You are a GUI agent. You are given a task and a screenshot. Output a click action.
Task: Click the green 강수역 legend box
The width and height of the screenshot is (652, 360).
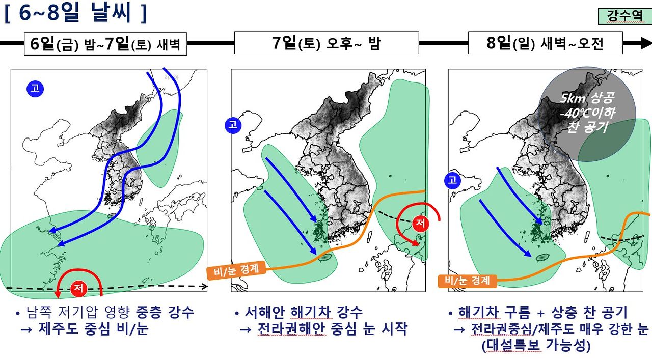pos(624,16)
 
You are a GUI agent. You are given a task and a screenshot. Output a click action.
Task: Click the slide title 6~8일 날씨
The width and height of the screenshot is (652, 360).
pos(76,13)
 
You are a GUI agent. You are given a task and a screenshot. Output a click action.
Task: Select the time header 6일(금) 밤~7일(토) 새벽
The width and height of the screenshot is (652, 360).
pos(105,44)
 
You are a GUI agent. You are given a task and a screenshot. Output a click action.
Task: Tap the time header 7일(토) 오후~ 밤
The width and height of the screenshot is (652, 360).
pos(326,43)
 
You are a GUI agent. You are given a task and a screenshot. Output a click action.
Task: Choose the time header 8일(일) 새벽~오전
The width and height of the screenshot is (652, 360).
pos(545,43)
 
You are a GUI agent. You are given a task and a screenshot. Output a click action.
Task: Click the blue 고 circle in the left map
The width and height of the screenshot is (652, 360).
pos(35,89)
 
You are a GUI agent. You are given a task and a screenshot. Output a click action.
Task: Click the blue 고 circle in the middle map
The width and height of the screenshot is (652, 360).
pos(233,125)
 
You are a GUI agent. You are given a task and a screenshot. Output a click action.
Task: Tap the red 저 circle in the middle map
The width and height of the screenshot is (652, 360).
pos(420,223)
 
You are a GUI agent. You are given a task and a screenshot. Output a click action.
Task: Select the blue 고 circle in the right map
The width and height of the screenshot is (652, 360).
pos(452,180)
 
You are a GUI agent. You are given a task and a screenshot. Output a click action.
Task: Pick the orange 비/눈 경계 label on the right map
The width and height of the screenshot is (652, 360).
pos(467,281)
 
